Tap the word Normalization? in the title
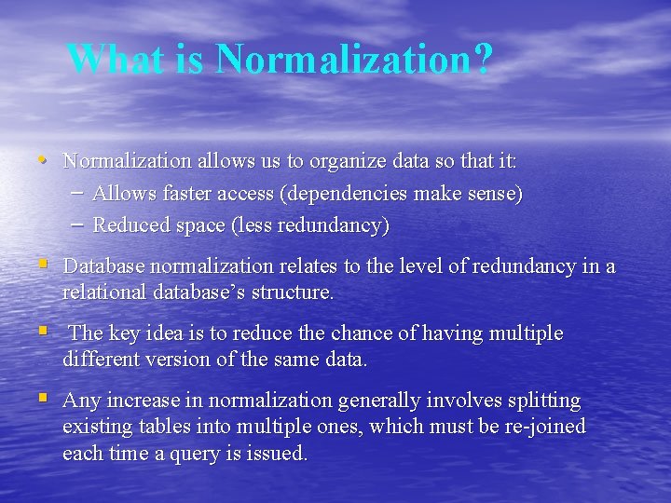353,59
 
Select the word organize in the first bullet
348,161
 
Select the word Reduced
130,225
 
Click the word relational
104,292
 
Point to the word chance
359,333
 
